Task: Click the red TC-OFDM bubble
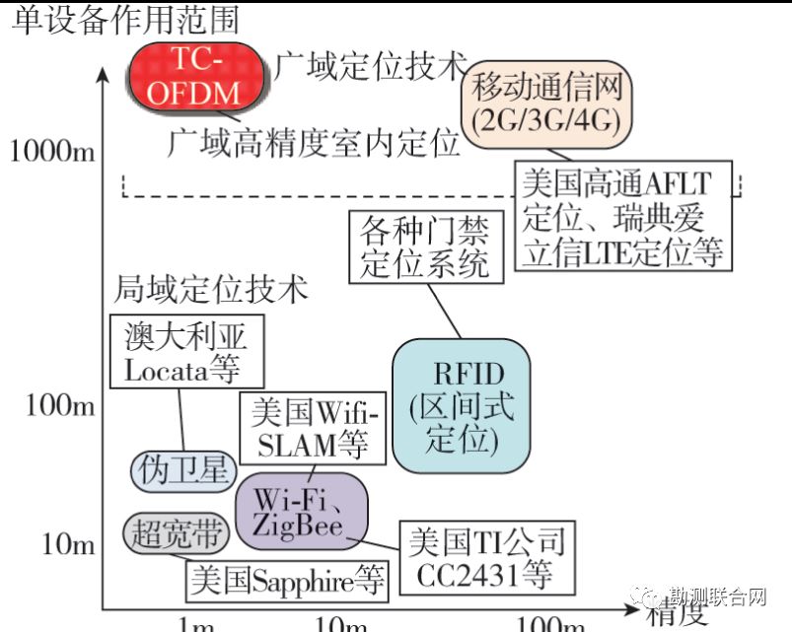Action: tap(199, 76)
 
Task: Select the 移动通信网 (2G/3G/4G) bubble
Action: tap(546, 104)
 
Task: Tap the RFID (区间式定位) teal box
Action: tap(461, 406)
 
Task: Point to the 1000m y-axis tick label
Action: tap(53, 151)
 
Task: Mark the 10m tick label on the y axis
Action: tap(67, 543)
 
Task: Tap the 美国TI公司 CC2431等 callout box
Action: tap(486, 557)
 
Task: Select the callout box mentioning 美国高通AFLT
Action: tap(623, 217)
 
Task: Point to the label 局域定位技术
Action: tap(211, 290)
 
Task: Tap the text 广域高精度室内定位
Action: tap(313, 143)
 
